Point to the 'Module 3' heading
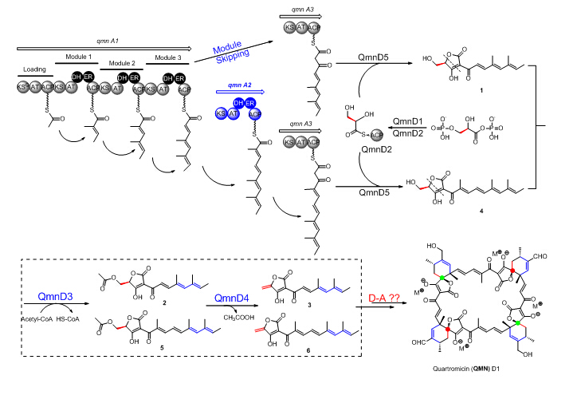click(x=164, y=57)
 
